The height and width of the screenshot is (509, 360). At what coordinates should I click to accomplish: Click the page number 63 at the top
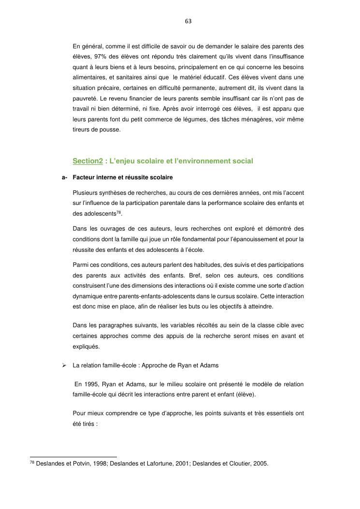(188, 21)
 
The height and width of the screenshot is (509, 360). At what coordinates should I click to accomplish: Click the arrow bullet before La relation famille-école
(64, 365)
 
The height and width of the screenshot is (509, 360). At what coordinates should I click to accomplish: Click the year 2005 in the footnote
(259, 464)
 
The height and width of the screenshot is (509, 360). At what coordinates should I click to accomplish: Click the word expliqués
(86, 347)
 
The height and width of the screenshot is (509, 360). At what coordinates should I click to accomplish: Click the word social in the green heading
(243, 160)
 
